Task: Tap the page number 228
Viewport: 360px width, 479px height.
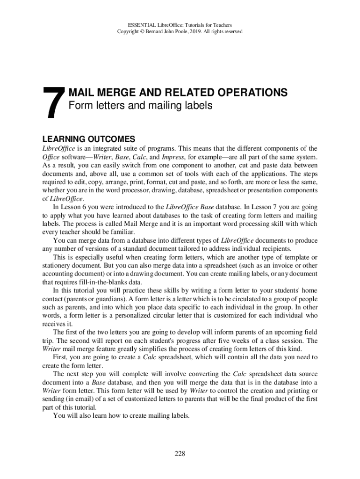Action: point(180,453)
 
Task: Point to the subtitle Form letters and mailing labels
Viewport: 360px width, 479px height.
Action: point(140,106)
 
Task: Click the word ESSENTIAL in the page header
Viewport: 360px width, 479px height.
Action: point(142,24)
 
